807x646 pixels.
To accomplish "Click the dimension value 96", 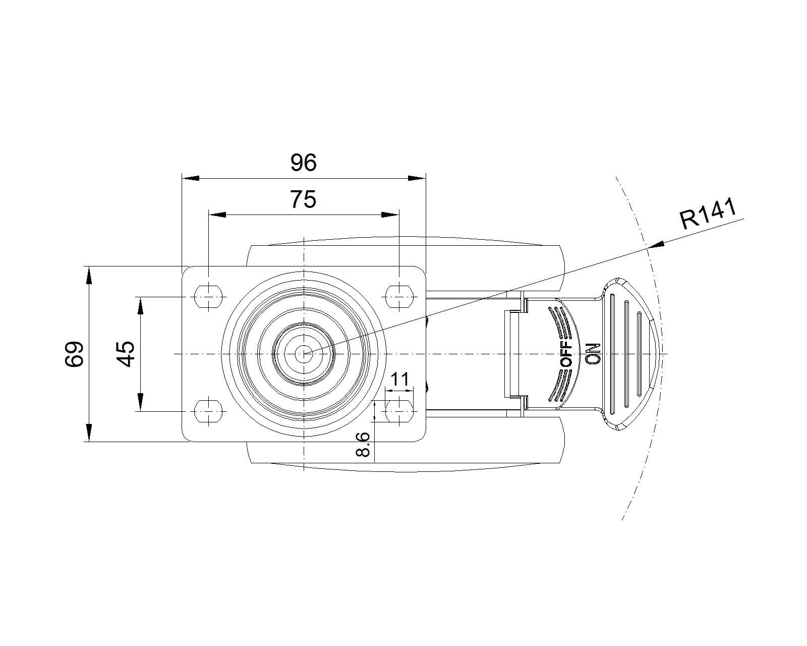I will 303,163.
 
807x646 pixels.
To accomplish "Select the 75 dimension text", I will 303,200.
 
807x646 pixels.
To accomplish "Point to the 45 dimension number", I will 126,354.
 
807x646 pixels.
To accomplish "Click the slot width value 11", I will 400,379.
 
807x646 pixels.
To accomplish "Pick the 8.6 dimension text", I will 363,445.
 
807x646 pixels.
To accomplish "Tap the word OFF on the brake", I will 567,354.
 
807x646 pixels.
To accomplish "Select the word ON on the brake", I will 592,353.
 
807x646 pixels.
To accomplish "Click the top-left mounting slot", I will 208,297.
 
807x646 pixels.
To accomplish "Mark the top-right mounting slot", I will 399,297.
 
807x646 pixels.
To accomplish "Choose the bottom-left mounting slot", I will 208,411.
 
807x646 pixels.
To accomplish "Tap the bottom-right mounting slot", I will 399,411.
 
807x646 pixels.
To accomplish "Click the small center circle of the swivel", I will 304,354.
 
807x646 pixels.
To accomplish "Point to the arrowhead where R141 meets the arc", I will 654,245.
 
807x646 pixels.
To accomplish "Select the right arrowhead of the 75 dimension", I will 390,215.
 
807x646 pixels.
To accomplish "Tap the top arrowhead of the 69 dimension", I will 89,275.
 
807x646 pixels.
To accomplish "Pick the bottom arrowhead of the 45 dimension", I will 140,403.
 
